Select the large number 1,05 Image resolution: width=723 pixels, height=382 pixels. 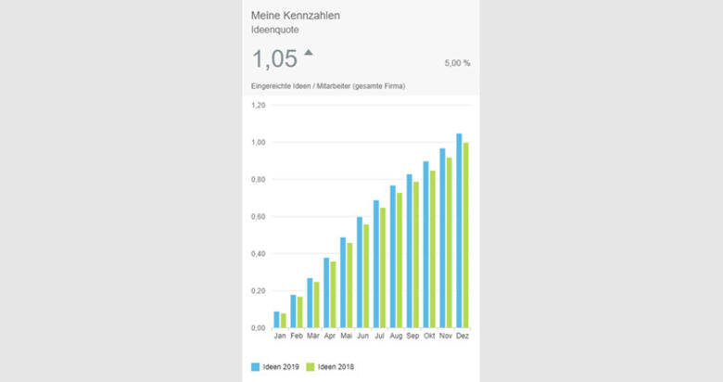click(x=274, y=59)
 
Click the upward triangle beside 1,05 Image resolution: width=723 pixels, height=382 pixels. click(x=309, y=52)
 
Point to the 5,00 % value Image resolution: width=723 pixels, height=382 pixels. click(x=457, y=63)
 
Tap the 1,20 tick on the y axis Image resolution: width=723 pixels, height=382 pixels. click(x=259, y=106)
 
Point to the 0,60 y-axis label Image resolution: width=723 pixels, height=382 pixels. click(x=259, y=217)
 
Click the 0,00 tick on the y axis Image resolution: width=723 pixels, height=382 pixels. click(x=259, y=328)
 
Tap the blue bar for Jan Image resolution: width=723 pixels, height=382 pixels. click(x=275, y=320)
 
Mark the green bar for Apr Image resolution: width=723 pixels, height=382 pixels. click(x=333, y=294)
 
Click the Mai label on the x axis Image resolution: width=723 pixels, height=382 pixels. click(x=346, y=337)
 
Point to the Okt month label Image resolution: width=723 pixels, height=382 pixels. click(x=429, y=337)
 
